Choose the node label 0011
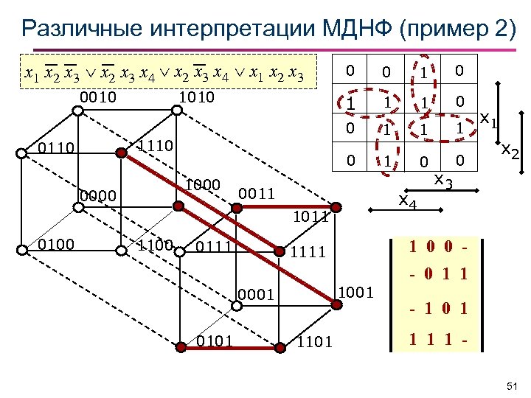tap(257, 193)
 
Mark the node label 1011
tap(311, 217)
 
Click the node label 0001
tap(256, 296)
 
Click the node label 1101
tap(314, 341)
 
